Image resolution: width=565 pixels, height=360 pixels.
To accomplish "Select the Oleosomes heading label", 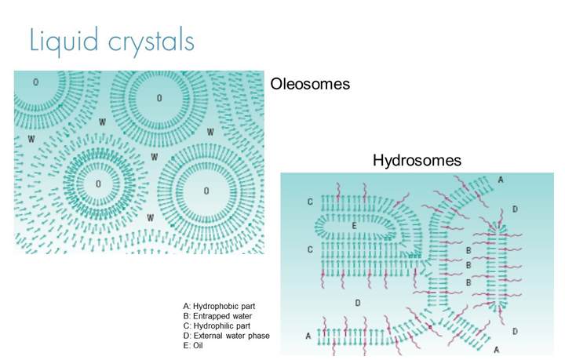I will (309, 84).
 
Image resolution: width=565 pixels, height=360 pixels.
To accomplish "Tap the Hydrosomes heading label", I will (417, 161).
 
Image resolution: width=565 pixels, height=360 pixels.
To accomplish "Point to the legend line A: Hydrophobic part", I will (220, 306).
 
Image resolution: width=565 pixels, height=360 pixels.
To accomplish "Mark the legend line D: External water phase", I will (226, 336).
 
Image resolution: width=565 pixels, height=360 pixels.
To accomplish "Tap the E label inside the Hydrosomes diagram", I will (355, 226).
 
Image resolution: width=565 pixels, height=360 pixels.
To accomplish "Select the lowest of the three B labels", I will (468, 282).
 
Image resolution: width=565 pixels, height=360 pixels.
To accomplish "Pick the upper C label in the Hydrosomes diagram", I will (310, 202).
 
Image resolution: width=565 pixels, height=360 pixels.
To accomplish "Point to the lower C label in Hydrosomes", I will (310, 250).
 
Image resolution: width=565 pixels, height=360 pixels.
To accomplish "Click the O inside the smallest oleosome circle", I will (98, 184).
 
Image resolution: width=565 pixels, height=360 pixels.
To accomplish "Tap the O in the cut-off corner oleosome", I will (35, 81).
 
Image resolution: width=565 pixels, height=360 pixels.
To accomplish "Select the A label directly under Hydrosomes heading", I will (501, 180).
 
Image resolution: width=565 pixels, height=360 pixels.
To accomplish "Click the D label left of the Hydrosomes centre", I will (357, 302).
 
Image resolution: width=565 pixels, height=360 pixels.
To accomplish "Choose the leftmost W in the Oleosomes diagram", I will (31, 138).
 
